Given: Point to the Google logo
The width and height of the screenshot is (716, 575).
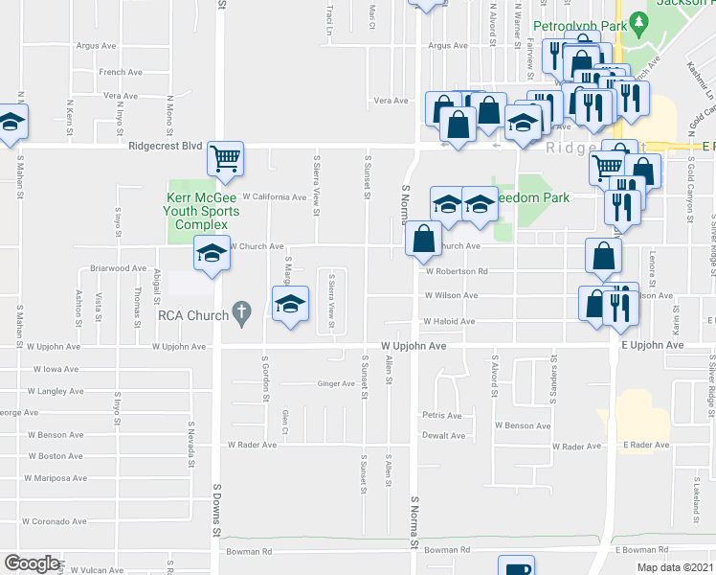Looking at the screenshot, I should point(32,563).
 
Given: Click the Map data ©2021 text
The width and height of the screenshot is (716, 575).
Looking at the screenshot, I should point(675,567).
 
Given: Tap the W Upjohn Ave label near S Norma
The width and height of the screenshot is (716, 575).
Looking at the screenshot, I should point(414,345).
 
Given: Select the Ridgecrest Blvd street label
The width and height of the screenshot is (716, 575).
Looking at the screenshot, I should point(167,147).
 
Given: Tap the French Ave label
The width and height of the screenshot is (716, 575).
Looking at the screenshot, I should point(121,72).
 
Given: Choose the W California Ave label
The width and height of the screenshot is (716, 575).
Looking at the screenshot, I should point(274,197).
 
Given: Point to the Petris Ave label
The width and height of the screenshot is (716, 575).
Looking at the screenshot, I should point(442,416).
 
